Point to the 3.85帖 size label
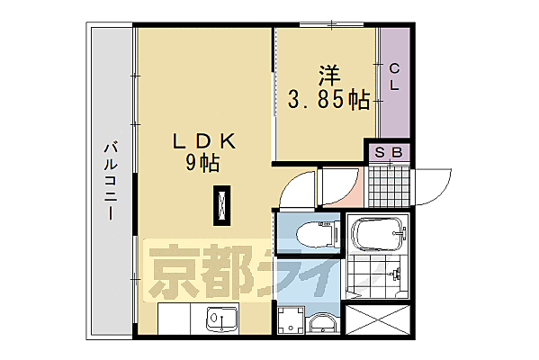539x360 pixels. (328, 100)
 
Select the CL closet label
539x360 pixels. (395, 77)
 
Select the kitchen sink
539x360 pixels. (219, 319)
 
